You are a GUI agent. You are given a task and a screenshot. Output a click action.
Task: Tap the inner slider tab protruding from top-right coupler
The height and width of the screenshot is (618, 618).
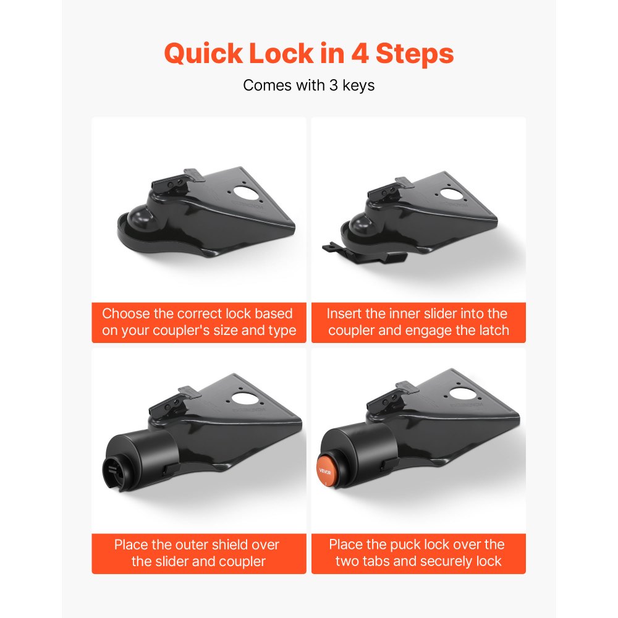(x=334, y=248)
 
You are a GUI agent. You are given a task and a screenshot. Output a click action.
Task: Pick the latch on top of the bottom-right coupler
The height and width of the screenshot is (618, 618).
(x=387, y=402)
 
